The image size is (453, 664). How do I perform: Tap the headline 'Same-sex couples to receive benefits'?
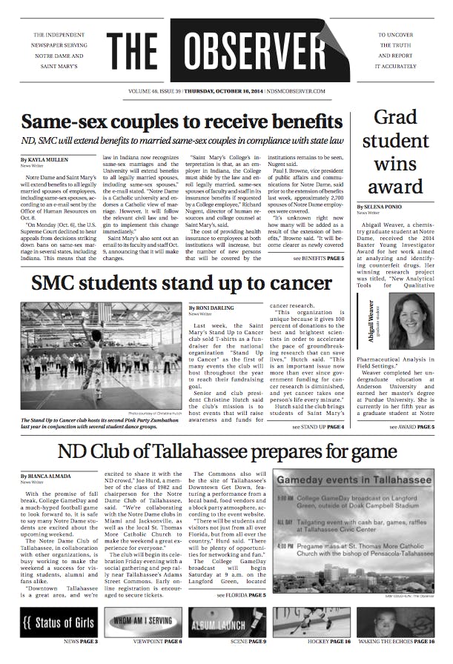[x=182, y=121]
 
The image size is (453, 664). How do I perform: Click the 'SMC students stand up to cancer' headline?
[x=171, y=284]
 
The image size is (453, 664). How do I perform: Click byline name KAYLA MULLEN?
[x=50, y=159]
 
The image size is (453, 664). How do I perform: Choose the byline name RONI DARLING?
[x=218, y=307]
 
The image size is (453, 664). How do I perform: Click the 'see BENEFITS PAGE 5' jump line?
[x=318, y=259]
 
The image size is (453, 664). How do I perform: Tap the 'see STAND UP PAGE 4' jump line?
[x=318, y=427]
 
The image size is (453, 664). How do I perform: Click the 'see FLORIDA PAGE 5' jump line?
[x=242, y=595]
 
